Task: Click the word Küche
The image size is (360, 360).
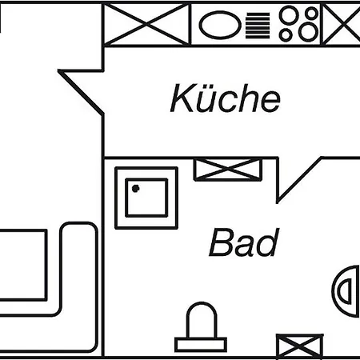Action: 226,98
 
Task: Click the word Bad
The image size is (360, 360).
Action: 244,242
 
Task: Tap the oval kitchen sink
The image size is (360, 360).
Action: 220,25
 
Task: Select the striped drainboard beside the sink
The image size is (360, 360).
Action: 258,26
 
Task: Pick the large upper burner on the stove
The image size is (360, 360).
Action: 290,14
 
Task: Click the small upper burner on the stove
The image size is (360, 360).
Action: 311,14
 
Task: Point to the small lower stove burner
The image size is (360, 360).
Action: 286,34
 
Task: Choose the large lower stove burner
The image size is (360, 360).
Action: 309,32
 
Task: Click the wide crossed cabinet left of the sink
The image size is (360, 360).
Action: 146,25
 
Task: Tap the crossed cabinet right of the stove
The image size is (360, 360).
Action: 342,25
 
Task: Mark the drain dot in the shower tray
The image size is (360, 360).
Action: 136,189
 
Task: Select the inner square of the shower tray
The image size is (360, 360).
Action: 146,198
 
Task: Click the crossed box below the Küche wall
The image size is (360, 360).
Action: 228,170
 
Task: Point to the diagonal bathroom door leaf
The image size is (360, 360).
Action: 299,180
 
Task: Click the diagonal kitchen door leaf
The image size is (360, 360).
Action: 81,93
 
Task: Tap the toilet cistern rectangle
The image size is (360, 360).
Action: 201,345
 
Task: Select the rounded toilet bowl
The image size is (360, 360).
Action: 202,320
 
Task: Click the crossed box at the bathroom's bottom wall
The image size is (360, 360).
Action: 300,346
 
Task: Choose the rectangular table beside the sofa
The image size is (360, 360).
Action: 23,265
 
